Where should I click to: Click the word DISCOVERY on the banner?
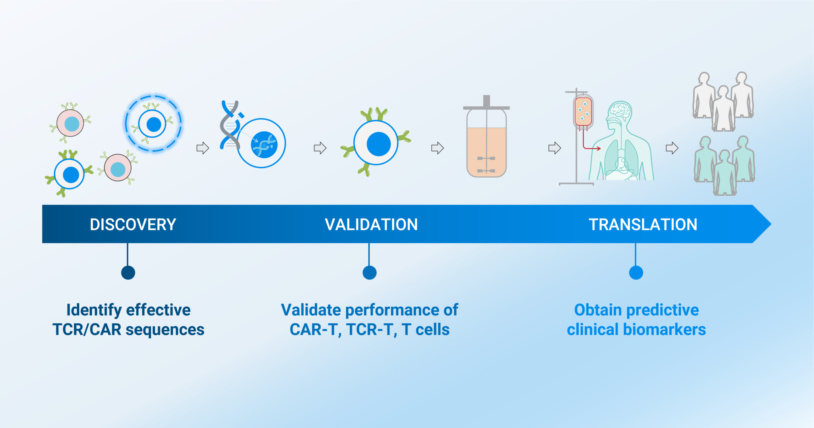coord(133,225)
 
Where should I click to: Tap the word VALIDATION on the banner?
coord(371,225)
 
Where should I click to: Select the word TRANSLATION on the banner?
coord(643,225)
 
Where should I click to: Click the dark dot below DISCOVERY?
coord(128,273)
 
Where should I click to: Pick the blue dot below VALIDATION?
coord(370,273)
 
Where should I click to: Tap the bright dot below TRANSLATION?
coord(636,273)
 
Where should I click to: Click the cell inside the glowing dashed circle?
coord(153,124)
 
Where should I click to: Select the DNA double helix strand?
coord(230,125)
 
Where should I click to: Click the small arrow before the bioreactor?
coord(437,148)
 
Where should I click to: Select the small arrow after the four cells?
coord(203,148)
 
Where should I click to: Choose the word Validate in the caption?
coord(311,310)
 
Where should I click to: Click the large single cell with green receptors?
coord(376,144)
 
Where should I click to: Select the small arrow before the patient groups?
coord(672,148)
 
